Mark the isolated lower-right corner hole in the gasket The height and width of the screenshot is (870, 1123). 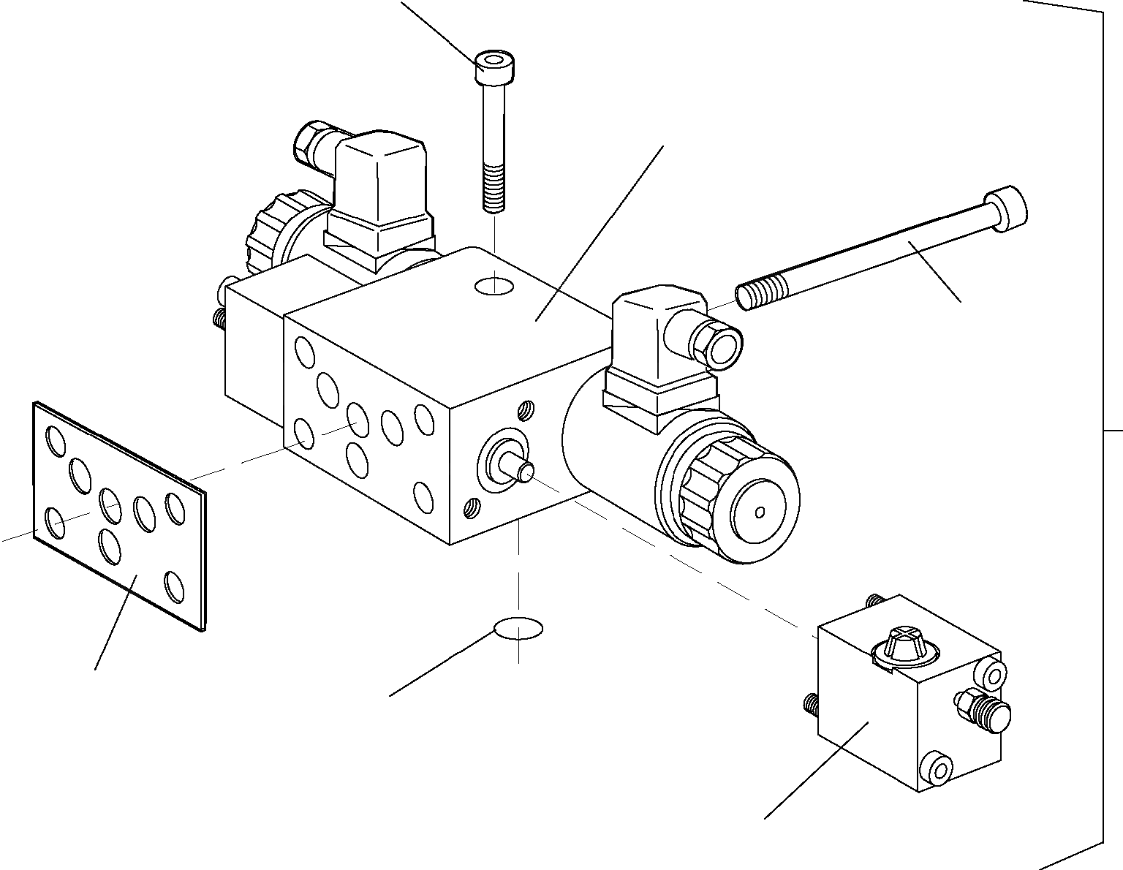(x=175, y=586)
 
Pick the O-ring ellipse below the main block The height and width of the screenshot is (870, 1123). (x=518, y=627)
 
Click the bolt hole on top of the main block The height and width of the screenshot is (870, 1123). (x=494, y=286)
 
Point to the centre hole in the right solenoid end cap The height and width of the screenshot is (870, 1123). (x=760, y=511)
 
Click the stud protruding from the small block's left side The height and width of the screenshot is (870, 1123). (x=809, y=704)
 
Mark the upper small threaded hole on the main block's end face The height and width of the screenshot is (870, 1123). (x=525, y=412)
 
